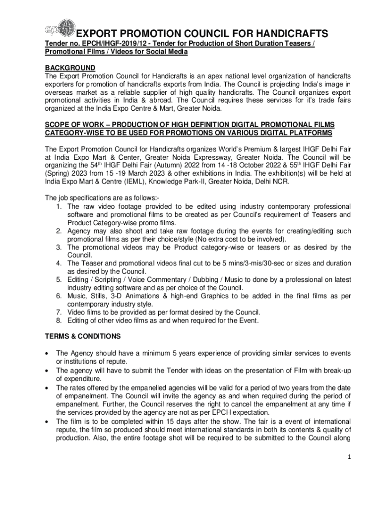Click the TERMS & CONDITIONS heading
82,336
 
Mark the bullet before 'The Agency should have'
47,353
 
